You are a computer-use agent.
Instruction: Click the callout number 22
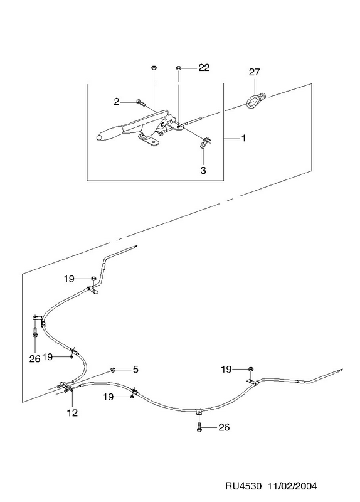pos(204,68)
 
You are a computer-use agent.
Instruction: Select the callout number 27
pos(255,72)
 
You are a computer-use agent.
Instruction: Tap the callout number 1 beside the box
pos(243,138)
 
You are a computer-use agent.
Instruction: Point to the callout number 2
pos(117,102)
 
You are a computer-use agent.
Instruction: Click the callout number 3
pos(203,170)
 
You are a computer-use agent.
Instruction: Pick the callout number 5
pos(135,370)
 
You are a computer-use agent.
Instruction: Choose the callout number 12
pos(72,413)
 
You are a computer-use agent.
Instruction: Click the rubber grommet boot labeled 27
pos(256,100)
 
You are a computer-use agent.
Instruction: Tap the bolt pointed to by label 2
pos(140,102)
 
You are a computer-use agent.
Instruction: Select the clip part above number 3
pos(204,143)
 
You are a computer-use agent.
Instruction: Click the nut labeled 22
pos(179,68)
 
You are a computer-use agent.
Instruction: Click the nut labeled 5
pos(113,370)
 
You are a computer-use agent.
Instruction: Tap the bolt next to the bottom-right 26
pos(199,427)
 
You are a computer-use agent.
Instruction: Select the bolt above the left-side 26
pos(35,331)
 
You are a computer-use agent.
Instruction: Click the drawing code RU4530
pos(244,486)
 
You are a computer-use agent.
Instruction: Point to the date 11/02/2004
pos(292,486)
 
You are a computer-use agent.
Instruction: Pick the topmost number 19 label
pos(69,279)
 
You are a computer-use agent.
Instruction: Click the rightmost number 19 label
pos(226,370)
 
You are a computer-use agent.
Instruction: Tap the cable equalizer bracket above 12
pos(65,387)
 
